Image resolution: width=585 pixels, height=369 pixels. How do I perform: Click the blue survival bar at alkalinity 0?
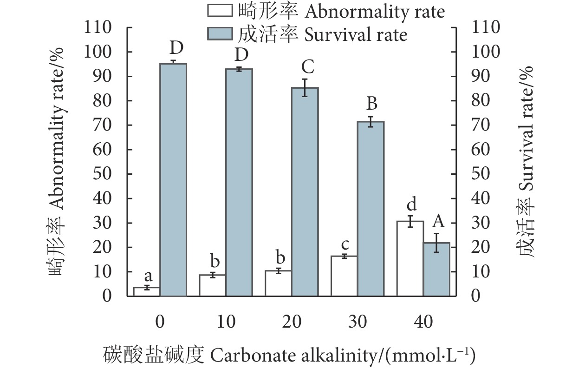point(173,179)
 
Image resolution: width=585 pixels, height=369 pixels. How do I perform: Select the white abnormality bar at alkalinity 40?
point(410,258)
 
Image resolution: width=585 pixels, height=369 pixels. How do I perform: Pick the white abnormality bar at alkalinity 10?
point(213,285)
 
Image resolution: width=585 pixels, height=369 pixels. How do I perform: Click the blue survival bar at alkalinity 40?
point(437,269)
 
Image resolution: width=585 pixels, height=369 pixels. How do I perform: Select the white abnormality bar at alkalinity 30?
point(344,276)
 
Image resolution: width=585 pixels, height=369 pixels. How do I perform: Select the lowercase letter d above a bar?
point(411,204)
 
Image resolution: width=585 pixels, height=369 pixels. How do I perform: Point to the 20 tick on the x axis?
point(292,321)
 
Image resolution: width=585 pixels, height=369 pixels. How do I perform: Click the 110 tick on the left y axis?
point(98,28)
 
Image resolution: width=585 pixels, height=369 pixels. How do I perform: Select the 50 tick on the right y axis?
point(481,174)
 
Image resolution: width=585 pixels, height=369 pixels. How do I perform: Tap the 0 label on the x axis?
point(160,321)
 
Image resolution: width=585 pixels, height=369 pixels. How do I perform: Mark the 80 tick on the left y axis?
point(103,101)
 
